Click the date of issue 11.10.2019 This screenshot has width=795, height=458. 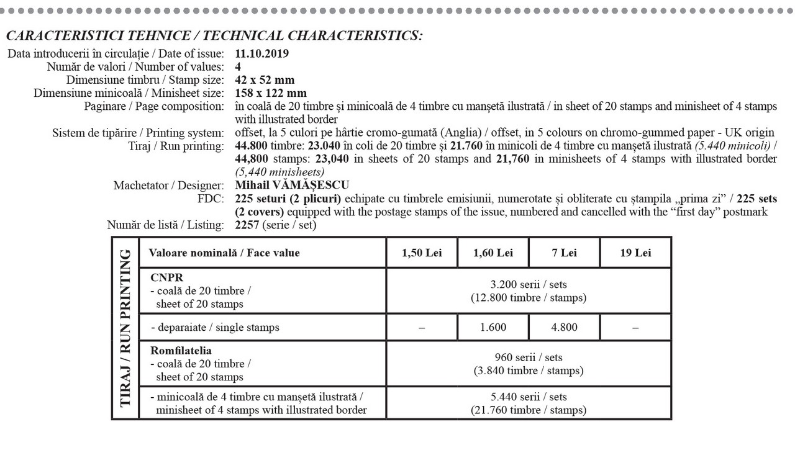262,54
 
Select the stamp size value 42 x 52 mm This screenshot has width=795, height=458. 265,80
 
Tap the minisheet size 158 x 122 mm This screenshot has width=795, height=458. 271,93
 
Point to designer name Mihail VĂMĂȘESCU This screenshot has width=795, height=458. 292,185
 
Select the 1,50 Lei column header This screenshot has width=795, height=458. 422,253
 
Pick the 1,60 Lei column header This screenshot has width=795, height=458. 493,253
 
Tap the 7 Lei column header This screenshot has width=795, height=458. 564,253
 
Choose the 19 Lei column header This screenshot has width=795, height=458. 635,253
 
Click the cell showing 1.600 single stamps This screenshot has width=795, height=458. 493,328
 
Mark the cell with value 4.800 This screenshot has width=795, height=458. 564,328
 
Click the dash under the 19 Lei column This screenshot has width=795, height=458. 635,328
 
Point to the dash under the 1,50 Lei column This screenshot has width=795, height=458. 422,328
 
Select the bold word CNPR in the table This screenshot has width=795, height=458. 163,278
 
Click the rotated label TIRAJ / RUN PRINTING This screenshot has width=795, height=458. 125,328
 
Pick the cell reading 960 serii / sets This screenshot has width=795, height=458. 528,357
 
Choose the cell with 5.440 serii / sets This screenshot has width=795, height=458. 528,397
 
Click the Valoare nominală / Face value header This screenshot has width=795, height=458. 224,253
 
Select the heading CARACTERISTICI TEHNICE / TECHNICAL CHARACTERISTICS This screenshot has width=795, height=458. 214,35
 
